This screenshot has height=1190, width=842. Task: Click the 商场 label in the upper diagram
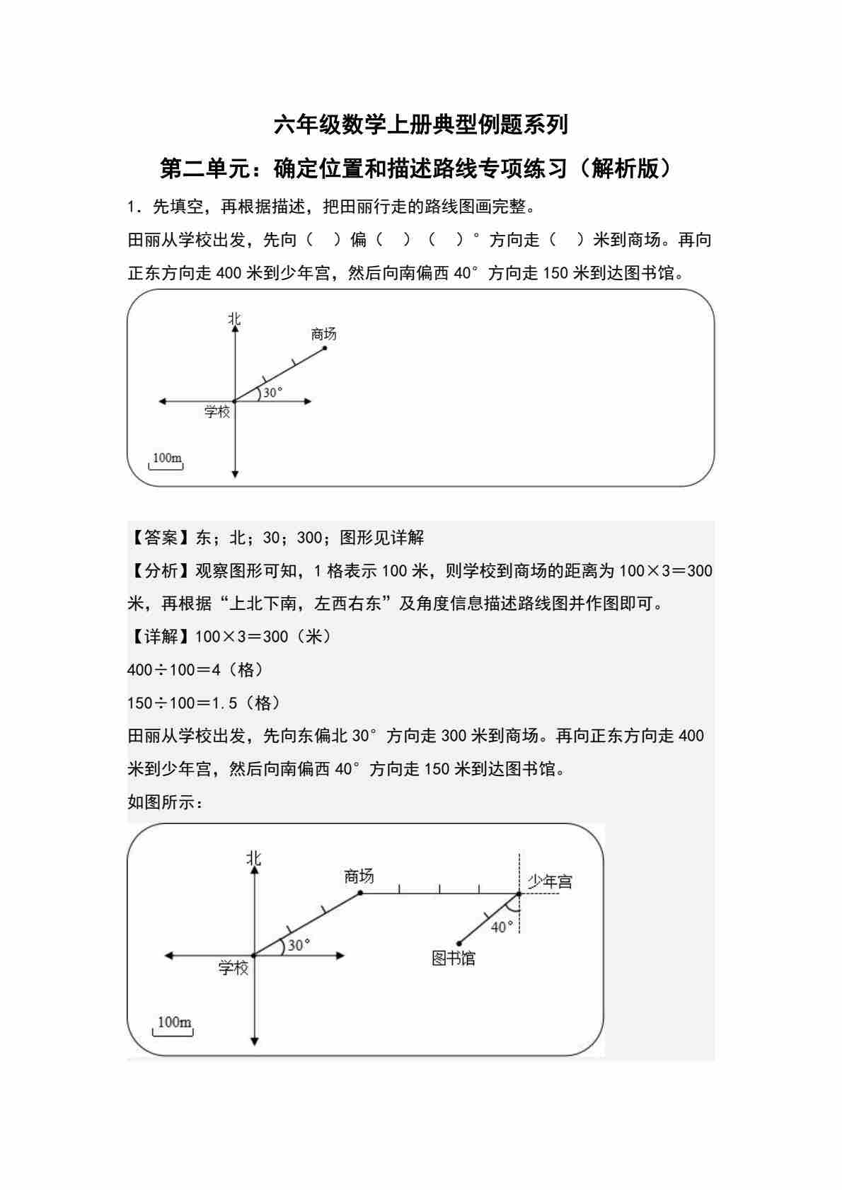[323, 334]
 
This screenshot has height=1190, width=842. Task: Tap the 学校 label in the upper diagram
[217, 411]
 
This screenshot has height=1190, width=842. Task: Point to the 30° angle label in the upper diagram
[272, 392]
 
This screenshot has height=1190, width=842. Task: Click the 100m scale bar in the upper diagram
[168, 461]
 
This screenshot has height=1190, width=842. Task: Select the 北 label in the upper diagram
[234, 319]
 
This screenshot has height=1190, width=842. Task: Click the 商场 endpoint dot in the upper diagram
[325, 347]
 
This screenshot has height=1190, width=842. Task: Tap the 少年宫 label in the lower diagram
[550, 882]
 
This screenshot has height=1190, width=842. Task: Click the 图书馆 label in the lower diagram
[454, 959]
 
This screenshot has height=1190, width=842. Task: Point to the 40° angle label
[502, 927]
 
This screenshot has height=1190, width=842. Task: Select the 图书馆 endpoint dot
[459, 943]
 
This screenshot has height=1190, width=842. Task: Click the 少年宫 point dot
[519, 894]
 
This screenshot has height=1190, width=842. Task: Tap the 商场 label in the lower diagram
[359, 877]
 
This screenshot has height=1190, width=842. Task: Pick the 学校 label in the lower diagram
[233, 968]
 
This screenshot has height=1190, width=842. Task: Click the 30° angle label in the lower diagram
[299, 945]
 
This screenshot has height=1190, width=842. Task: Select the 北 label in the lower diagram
[253, 858]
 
